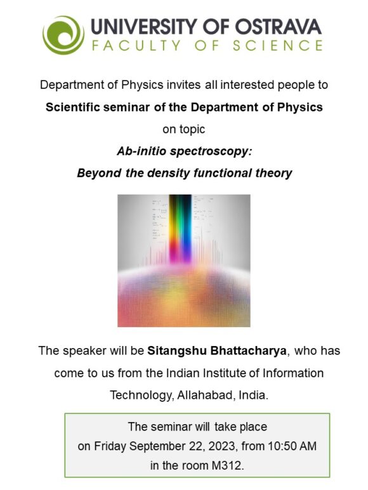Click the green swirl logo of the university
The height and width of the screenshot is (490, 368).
pyautogui.click(x=63, y=34)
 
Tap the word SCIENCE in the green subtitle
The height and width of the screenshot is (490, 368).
pyautogui.click(x=282, y=46)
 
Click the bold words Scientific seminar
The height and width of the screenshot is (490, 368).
pyautogui.click(x=92, y=106)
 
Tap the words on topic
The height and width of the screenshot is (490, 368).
pyautogui.click(x=184, y=129)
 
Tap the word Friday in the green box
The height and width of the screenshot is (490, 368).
pyautogui.click(x=111, y=446)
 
